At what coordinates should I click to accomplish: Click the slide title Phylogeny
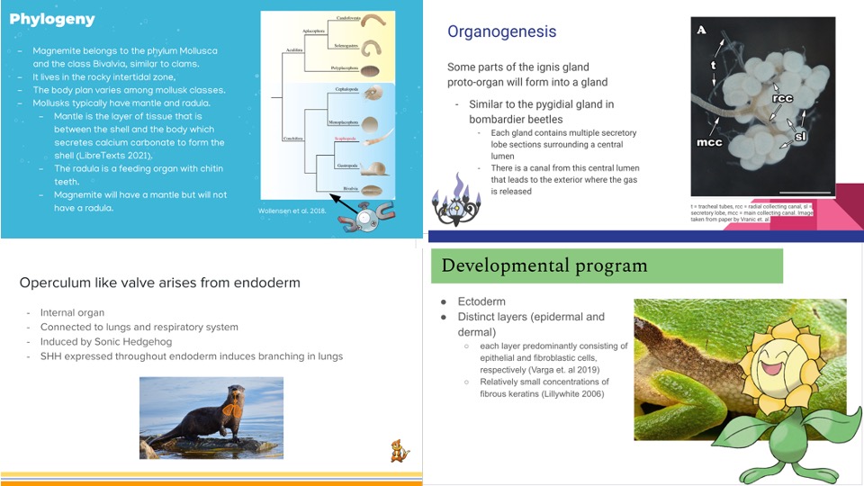(52, 20)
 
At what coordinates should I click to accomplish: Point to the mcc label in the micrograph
(710, 142)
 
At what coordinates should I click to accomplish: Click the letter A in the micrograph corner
(701, 30)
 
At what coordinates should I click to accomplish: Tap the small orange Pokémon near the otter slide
(400, 451)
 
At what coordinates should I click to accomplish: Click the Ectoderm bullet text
(481, 301)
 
